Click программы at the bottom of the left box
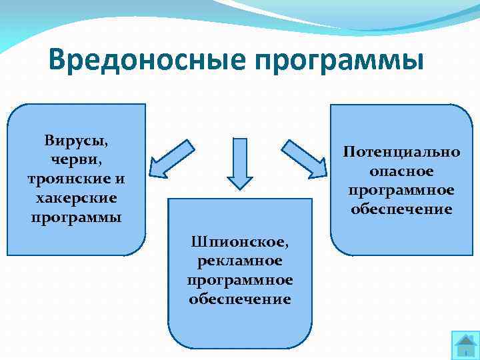pyautogui.click(x=76, y=217)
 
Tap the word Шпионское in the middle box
pyautogui.click(x=239, y=241)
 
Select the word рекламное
pyautogui.click(x=239, y=260)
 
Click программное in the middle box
pyautogui.click(x=239, y=279)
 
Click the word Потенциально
pyautogui.click(x=401, y=151)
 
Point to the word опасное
pyautogui.click(x=401, y=171)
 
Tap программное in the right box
pyautogui.click(x=401, y=190)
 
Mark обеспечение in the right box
pyautogui.click(x=401, y=209)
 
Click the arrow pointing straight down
pyautogui.click(x=240, y=165)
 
